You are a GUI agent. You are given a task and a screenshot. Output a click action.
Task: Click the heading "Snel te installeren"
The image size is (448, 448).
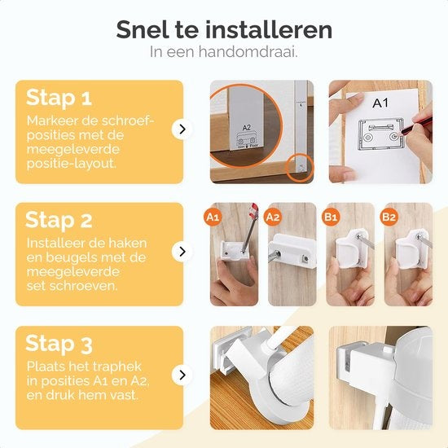(x=224, y=30)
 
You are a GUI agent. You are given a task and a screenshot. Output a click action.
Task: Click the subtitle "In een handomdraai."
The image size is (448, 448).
(x=224, y=51)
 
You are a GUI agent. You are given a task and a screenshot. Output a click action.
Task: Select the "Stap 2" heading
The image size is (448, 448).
(x=59, y=220)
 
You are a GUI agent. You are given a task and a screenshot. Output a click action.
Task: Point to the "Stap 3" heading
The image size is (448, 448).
(x=59, y=343)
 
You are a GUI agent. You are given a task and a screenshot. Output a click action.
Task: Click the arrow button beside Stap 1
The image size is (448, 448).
(x=183, y=129)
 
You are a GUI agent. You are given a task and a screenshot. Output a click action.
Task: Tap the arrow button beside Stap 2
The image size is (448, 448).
(x=183, y=253)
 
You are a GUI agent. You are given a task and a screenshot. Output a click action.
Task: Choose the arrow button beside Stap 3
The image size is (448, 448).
(x=183, y=375)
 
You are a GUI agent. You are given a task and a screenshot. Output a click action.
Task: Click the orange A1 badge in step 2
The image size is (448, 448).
(x=213, y=217)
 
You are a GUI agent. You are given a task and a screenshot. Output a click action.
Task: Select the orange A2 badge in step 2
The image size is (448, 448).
(x=273, y=217)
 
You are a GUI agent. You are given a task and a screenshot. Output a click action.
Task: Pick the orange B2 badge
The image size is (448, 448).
(x=389, y=217)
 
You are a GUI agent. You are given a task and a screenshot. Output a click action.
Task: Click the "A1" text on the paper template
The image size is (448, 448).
(x=380, y=104)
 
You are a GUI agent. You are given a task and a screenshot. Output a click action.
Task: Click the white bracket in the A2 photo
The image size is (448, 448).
(x=293, y=248)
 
